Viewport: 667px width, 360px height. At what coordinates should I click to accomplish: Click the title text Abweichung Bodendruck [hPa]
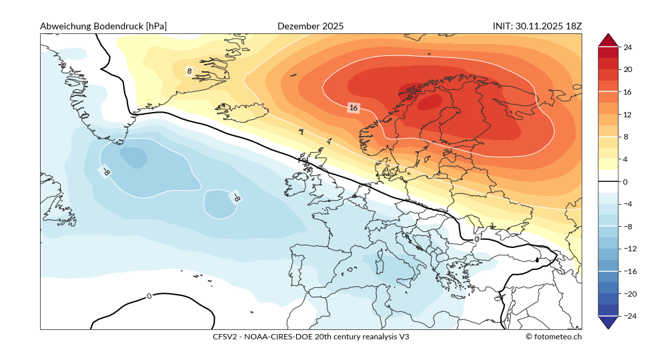pos(103,26)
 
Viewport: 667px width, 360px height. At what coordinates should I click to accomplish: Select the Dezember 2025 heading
pos(310,26)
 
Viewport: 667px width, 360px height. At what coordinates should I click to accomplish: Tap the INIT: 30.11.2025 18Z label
pos(537,26)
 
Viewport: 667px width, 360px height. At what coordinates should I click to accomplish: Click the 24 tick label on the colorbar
pos(628,47)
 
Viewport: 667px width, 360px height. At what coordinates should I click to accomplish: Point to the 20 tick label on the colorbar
pos(628,69)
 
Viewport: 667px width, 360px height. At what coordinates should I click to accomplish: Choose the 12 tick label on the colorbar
pos(628,114)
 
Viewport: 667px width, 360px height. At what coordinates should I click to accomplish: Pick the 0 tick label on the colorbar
pos(626,181)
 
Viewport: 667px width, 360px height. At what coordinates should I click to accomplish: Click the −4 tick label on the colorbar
pos(627,204)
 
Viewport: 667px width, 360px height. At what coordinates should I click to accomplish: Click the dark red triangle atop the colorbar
pos(608,40)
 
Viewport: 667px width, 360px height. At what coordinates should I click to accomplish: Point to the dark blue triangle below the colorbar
pos(608,323)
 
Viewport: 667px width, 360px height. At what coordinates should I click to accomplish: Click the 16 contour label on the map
pos(354,107)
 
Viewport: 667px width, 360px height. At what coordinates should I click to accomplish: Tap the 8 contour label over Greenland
pos(189,71)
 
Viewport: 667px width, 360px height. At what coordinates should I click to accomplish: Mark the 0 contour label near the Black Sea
pos(476,238)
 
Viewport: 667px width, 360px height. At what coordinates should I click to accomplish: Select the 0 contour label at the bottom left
pos(149,296)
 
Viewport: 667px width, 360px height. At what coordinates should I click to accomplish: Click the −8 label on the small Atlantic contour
pos(235,197)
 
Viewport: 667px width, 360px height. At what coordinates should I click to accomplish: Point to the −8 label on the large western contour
pos(105,172)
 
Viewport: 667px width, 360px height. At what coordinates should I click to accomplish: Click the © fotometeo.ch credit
pos(553,337)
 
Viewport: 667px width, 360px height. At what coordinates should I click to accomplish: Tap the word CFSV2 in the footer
pos(225,337)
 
